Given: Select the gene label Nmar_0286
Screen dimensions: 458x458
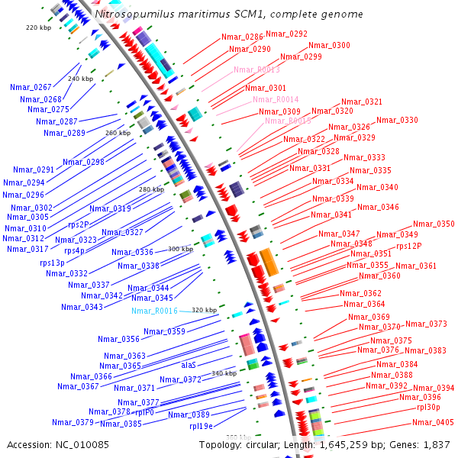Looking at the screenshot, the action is pos(242,37).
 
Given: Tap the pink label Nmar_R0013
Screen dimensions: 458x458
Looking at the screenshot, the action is pos(256,69).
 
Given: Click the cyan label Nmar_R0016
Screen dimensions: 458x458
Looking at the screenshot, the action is pos(154,311).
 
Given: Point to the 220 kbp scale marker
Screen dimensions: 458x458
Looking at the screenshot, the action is pos(37,27).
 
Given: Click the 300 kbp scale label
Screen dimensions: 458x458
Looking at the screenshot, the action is pos(181,249).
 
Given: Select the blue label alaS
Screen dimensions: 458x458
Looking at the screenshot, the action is pos(189,365).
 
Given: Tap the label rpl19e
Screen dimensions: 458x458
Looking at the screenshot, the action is pos(201,426).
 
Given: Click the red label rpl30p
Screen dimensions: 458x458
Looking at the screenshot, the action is pos(428,407).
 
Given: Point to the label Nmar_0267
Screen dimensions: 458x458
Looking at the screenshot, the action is pos(31,87).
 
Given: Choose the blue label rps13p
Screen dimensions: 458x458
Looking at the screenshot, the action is pos(53,263).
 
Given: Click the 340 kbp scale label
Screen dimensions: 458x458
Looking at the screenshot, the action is pos(224,373).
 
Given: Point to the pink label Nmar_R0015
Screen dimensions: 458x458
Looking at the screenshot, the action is pos(288,121).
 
